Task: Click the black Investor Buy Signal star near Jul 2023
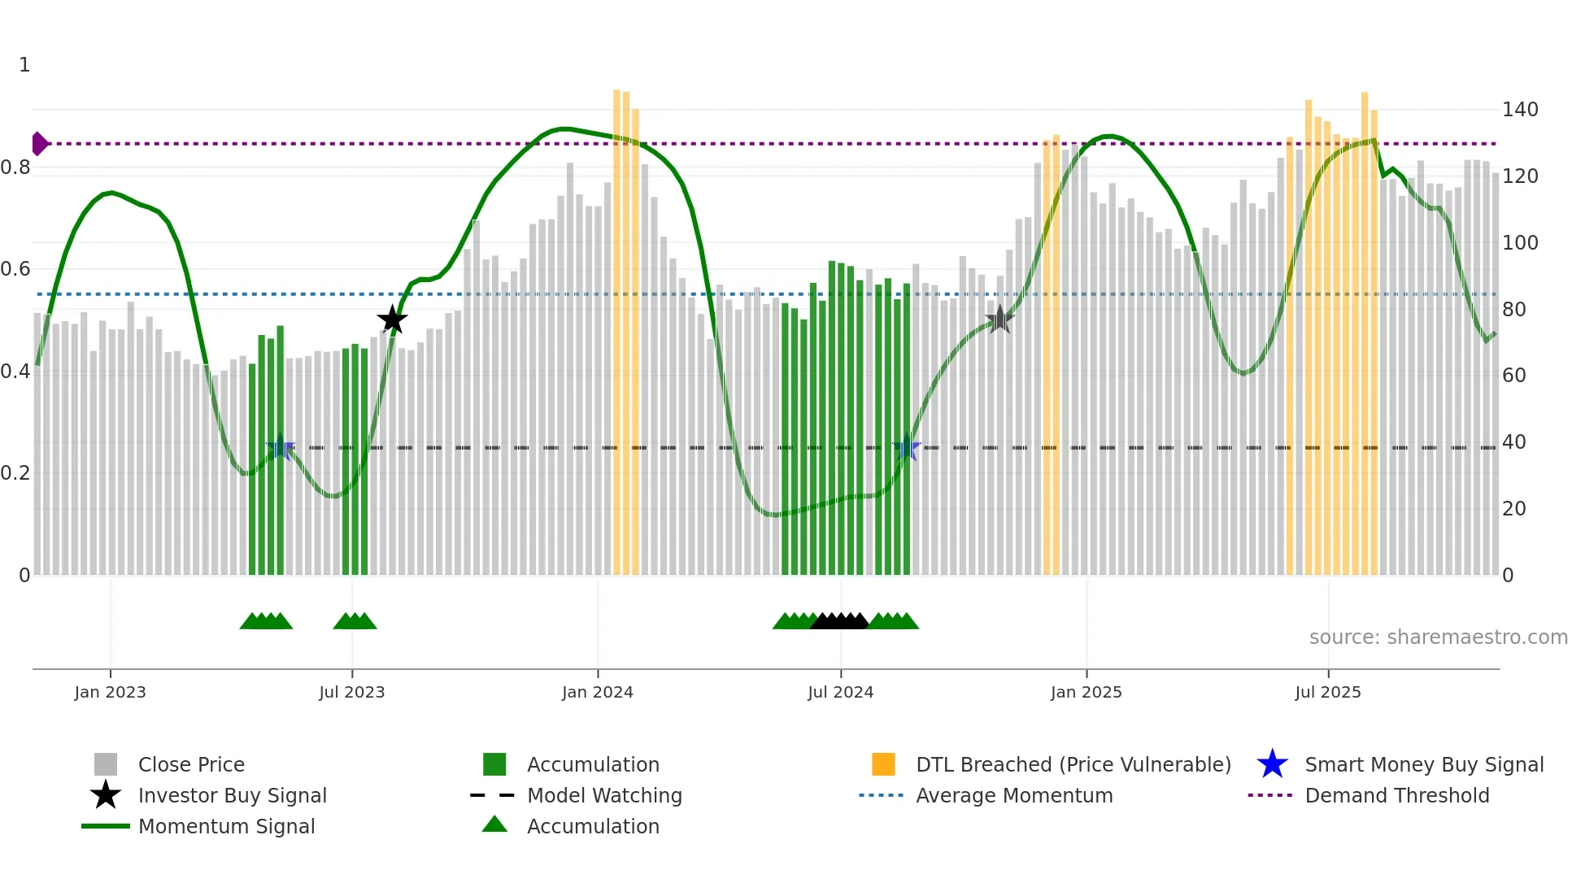click(392, 320)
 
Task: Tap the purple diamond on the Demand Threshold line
click(39, 144)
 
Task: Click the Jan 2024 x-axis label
click(597, 692)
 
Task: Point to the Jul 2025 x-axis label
click(1327, 692)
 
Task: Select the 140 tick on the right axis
click(1519, 110)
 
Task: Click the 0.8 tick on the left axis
click(15, 167)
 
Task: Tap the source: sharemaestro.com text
click(1438, 637)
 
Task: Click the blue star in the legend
click(1272, 764)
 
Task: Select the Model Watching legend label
click(604, 795)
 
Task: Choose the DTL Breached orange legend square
click(883, 764)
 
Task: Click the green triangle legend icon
click(494, 824)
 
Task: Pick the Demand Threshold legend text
click(1396, 795)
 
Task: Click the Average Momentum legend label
click(1013, 795)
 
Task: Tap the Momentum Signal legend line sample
click(106, 826)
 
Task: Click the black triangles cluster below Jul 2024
click(840, 622)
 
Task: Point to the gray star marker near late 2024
click(1000, 320)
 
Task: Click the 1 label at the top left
click(24, 65)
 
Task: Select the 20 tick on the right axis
click(1513, 509)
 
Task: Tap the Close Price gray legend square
click(106, 764)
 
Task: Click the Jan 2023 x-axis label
click(110, 692)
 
